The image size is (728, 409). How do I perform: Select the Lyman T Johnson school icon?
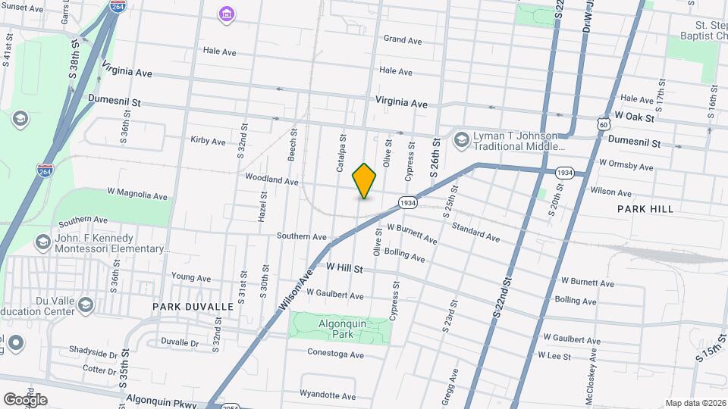(x=460, y=140)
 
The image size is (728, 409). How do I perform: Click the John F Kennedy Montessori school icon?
(x=42, y=242)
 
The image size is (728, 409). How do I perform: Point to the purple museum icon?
(x=225, y=14)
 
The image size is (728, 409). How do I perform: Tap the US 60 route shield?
(x=603, y=123)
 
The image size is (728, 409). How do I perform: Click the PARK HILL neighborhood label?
(x=645, y=208)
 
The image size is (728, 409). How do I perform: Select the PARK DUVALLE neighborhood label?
(x=193, y=307)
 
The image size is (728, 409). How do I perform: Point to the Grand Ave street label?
(x=402, y=39)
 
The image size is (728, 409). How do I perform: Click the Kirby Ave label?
(x=208, y=141)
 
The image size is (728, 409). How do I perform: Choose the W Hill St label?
(x=345, y=268)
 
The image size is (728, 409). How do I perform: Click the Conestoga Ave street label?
(x=335, y=354)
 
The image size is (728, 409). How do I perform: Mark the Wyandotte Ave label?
(x=328, y=395)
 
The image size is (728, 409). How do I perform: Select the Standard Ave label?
(x=475, y=233)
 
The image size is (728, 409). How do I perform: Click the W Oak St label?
(x=634, y=116)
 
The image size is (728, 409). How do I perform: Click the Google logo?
(x=25, y=400)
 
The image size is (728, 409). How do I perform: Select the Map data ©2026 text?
(x=695, y=403)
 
